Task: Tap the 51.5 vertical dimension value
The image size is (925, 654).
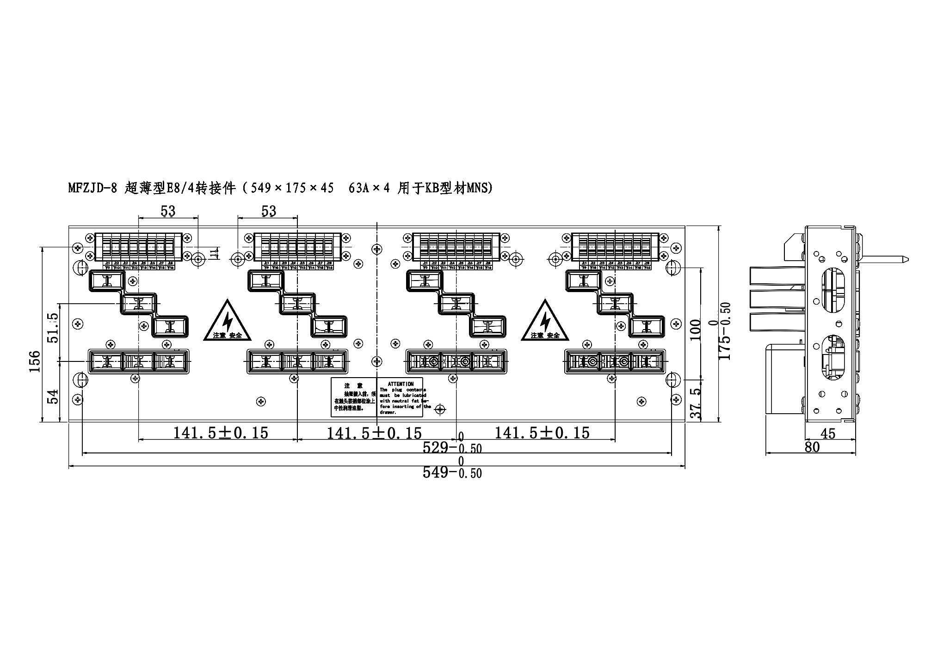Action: click(53, 328)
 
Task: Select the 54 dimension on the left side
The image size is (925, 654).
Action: click(54, 397)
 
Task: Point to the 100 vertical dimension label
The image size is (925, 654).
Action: click(695, 330)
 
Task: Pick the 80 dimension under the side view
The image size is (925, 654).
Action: click(812, 447)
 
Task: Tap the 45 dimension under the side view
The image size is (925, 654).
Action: click(828, 434)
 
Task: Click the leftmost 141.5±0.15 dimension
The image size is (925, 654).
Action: click(221, 433)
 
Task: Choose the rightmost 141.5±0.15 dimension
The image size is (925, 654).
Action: click(542, 433)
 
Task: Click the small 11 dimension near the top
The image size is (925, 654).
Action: click(213, 254)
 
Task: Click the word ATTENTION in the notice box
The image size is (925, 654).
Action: click(401, 384)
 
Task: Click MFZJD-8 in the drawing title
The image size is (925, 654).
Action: click(92, 189)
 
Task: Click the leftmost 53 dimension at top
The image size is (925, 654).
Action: click(168, 211)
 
